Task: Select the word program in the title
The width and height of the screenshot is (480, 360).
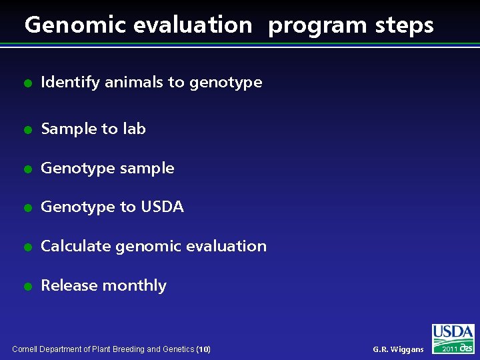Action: [x=317, y=25]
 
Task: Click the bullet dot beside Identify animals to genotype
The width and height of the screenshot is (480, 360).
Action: [x=27, y=83]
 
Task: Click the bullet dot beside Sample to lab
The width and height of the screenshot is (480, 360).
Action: [x=27, y=129]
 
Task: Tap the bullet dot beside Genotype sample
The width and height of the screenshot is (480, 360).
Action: [x=27, y=169]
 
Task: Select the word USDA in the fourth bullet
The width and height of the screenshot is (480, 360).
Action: [x=162, y=207]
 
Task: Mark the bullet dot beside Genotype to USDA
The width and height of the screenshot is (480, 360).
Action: [x=27, y=208]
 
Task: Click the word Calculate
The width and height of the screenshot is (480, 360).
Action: [x=76, y=246]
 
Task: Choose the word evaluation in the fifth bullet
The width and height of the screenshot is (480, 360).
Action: [x=227, y=246]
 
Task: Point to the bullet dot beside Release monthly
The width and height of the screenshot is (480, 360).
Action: [x=27, y=287]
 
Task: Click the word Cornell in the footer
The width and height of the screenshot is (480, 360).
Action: [x=26, y=349]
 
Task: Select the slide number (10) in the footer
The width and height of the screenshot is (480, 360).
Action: [x=204, y=349]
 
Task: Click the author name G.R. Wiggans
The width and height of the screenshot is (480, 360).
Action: [x=398, y=349]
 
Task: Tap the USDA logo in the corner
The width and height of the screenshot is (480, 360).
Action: [x=453, y=333]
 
